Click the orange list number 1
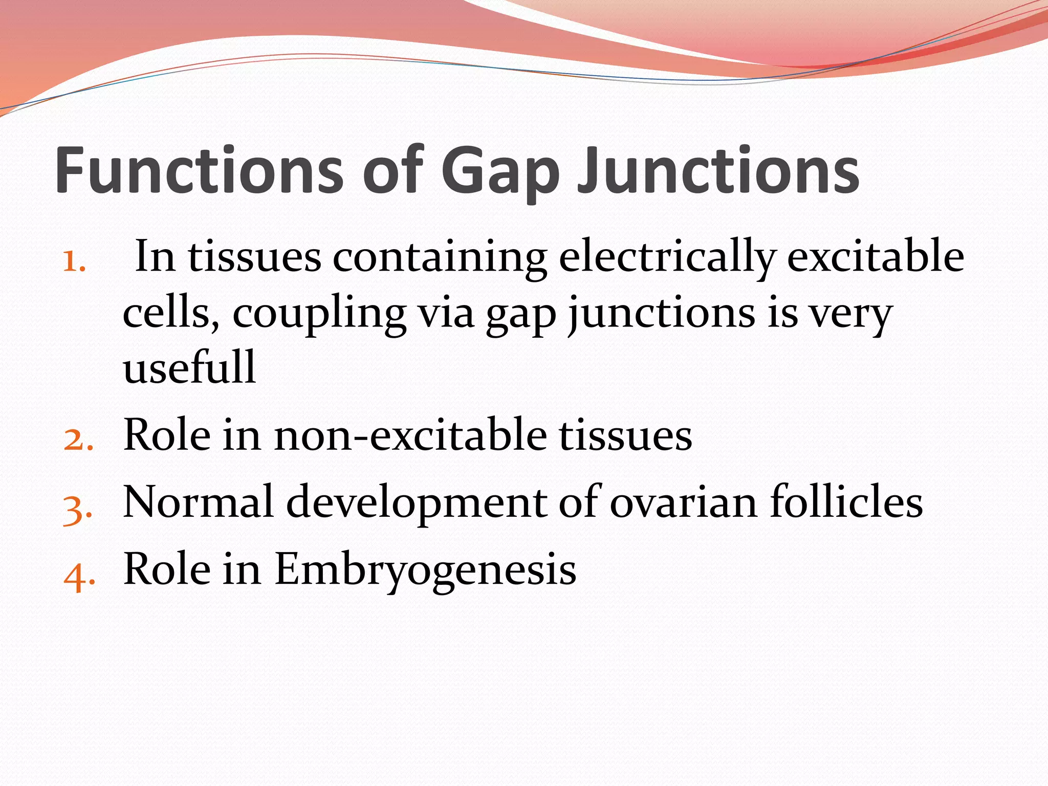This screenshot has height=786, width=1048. coord(74,261)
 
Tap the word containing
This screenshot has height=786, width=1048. coord(440,257)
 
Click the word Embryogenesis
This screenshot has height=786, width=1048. coord(425,571)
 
